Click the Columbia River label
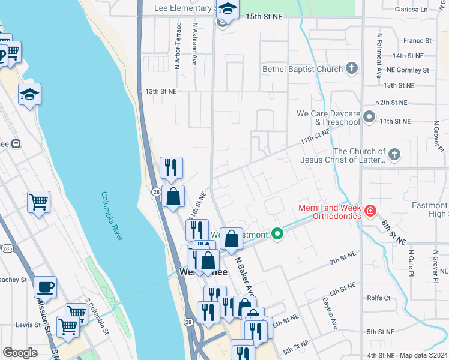112,216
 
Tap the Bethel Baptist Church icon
352,69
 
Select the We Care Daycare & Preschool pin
369,117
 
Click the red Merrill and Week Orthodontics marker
370,211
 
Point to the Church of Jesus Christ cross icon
394,155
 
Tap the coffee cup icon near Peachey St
45,286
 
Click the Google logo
20,353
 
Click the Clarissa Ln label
412,10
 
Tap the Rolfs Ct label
379,298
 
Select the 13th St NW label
161,91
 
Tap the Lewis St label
28,325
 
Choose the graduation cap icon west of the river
29,94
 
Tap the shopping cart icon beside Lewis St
68,326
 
